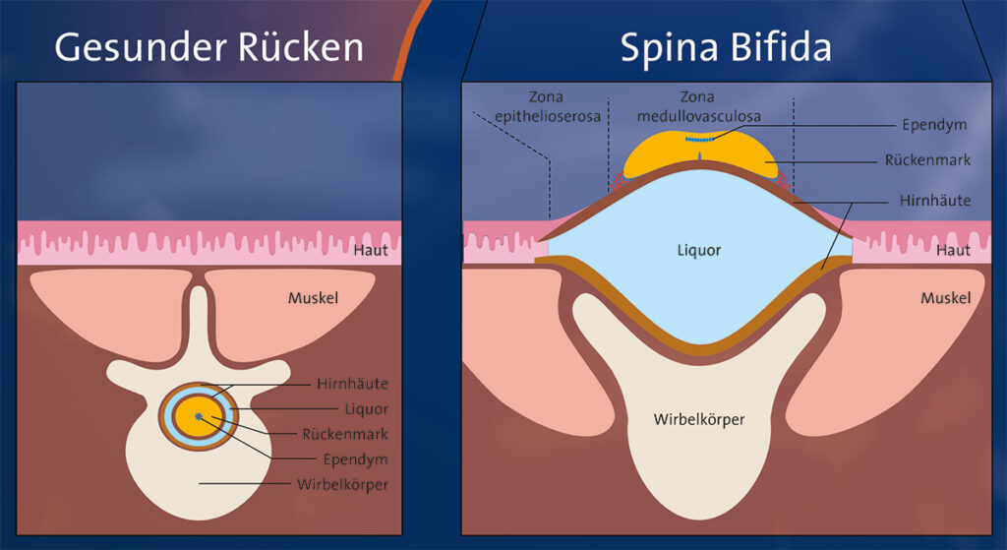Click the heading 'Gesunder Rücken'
[208, 47]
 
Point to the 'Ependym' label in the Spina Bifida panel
[935, 125]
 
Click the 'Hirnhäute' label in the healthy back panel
[352, 384]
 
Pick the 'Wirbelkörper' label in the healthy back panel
[343, 483]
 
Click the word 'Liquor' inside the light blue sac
[698, 251]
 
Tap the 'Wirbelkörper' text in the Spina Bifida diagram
[698, 419]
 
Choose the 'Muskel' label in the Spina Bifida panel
[945, 297]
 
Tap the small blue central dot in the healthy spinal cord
[199, 417]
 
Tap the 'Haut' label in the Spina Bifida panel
[953, 251]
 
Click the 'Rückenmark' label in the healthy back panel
[351, 434]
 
